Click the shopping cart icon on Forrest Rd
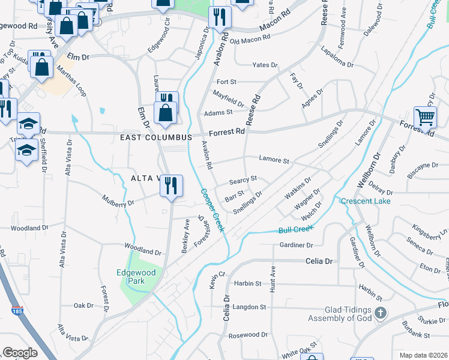click(x=425, y=118)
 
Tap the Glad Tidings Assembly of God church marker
click(x=380, y=313)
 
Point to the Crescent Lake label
click(x=366, y=201)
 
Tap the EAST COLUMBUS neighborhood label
click(x=155, y=137)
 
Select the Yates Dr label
click(x=265, y=65)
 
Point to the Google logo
click(x=20, y=353)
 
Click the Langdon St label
click(x=249, y=307)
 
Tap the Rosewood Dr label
click(x=248, y=334)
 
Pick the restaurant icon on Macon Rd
click(x=220, y=18)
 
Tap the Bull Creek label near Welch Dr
click(x=297, y=229)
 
